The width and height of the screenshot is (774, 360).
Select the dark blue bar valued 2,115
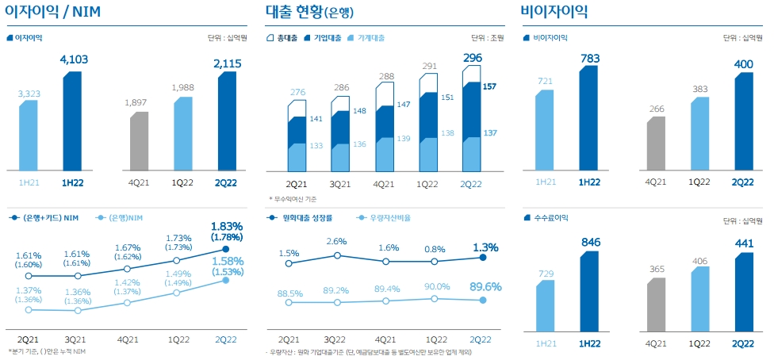coord(227,123)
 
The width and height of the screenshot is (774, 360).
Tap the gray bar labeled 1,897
coord(139,143)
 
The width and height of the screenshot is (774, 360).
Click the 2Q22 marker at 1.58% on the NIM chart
coord(227,280)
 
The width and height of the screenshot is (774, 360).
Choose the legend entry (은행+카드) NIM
coord(44,216)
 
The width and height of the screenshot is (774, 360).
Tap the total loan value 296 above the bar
coord(472,56)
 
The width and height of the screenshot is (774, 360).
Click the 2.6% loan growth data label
coord(336,241)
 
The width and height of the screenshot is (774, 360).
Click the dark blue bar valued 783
coord(588,119)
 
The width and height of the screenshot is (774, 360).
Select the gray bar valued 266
coord(655,145)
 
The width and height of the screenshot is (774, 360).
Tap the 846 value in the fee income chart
coord(588,241)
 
